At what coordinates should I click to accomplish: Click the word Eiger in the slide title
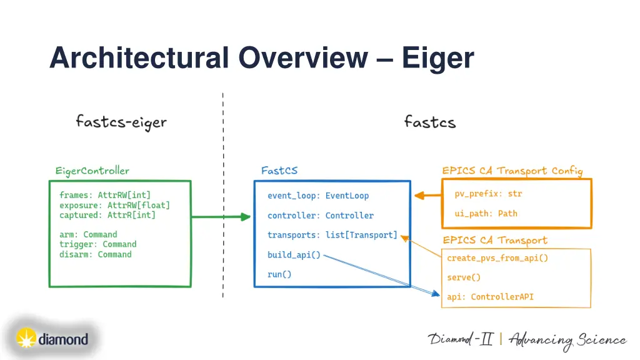[x=437, y=58]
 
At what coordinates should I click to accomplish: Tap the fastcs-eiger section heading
[x=121, y=121]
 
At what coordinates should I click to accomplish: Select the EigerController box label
[x=92, y=171]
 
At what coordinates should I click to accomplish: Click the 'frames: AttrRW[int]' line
[x=105, y=195]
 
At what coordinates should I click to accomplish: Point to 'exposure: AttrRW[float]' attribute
[x=114, y=205]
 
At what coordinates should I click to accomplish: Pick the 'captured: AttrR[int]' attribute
[x=107, y=215]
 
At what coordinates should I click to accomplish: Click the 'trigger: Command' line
[x=97, y=244]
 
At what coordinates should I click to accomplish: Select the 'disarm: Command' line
[x=96, y=254]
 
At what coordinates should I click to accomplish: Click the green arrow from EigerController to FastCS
[x=221, y=217]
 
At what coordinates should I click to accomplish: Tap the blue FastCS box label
[x=279, y=171]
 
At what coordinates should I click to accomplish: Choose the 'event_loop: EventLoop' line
[x=318, y=196]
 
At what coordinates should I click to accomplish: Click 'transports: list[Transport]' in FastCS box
[x=332, y=235]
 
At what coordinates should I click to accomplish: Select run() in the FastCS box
[x=279, y=274]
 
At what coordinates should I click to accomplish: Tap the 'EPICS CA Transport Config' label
[x=512, y=171]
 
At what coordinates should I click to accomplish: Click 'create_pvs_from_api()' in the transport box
[x=497, y=258]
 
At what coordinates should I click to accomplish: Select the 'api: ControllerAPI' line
[x=490, y=297]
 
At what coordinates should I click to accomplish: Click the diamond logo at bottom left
[x=51, y=339]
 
